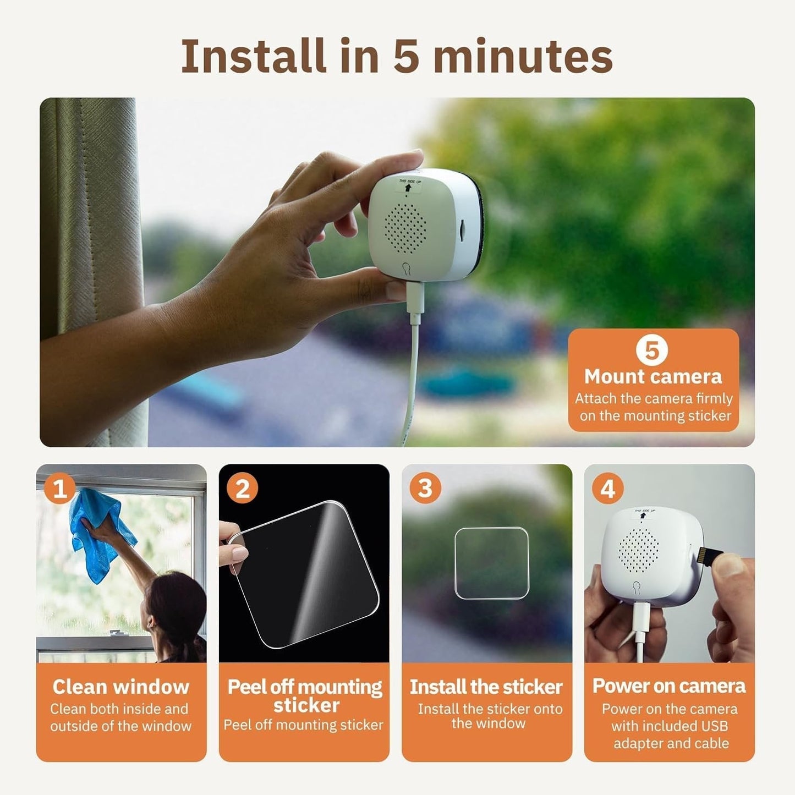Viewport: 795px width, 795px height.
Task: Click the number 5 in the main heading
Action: point(406,56)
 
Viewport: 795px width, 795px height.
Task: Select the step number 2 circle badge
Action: point(242,489)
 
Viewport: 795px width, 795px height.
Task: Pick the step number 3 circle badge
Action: point(425,489)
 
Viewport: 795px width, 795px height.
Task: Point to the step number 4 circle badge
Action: point(608,489)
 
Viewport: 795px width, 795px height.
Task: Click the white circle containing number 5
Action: point(652,350)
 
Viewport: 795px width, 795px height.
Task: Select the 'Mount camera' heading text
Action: point(653,377)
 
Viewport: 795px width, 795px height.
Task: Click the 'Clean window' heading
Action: point(121,687)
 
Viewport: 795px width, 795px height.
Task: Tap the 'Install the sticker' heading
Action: point(486,687)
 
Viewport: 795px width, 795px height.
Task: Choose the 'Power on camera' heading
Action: point(669,686)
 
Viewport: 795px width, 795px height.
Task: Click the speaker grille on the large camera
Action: point(405,226)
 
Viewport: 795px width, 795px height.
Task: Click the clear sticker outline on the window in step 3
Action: point(492,563)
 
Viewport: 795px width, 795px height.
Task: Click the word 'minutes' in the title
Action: point(523,56)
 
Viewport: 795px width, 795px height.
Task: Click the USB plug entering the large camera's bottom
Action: point(415,296)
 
